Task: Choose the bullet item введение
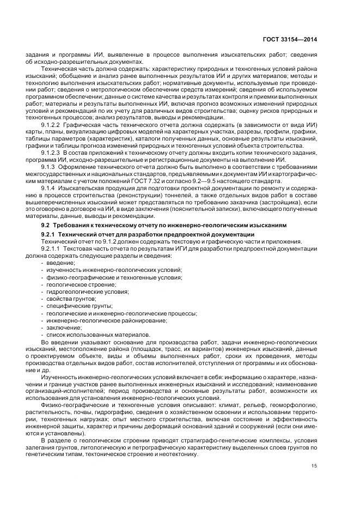pyautogui.click(x=61, y=263)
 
